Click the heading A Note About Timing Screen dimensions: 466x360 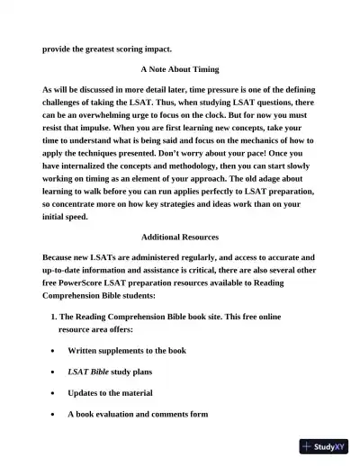tap(180, 68)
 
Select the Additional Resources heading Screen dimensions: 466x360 tap(180, 237)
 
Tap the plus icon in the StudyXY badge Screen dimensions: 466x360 tap(308, 446)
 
